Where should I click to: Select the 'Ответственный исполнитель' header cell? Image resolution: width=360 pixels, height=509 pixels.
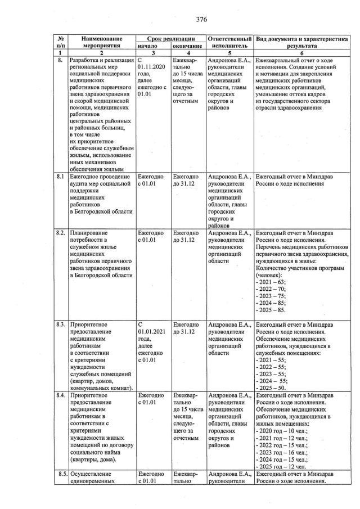(229, 41)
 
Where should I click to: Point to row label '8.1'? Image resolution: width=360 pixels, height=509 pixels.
(60, 177)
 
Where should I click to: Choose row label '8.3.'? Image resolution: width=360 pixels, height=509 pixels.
(61, 325)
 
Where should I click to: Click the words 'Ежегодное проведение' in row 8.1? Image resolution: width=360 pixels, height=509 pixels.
(100, 177)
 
